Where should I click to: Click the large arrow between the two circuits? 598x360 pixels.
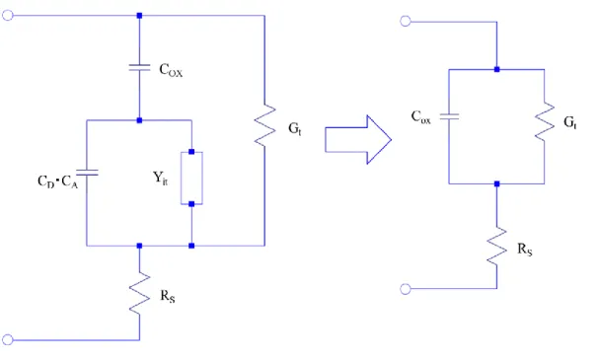click(x=358, y=140)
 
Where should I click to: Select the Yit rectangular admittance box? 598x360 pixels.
click(x=191, y=179)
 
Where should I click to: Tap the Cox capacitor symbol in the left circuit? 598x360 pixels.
click(x=139, y=68)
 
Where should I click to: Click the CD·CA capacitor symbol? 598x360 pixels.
click(x=87, y=173)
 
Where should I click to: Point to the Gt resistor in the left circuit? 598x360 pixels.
click(x=264, y=125)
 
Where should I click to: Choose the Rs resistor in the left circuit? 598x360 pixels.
click(x=139, y=293)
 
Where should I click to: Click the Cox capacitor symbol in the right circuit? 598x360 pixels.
click(x=449, y=116)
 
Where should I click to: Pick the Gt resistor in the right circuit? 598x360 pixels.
click(x=545, y=121)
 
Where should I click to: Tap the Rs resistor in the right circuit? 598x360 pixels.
click(x=496, y=246)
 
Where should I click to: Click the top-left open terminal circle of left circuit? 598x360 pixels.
click(x=8, y=15)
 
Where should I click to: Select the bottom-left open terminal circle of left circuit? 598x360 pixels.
click(x=8, y=339)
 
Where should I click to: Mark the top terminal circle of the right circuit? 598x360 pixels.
click(x=406, y=22)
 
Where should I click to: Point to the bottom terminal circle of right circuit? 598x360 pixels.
click(x=406, y=289)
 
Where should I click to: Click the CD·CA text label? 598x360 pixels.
click(x=57, y=181)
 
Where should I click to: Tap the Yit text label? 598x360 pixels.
click(x=160, y=179)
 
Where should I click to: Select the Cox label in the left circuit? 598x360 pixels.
click(x=171, y=71)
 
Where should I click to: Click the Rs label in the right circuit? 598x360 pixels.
click(x=525, y=250)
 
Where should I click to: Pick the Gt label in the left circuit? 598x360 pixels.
click(x=295, y=129)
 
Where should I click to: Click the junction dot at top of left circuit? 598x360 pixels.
click(x=139, y=16)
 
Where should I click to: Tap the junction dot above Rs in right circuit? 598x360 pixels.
click(x=496, y=183)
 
